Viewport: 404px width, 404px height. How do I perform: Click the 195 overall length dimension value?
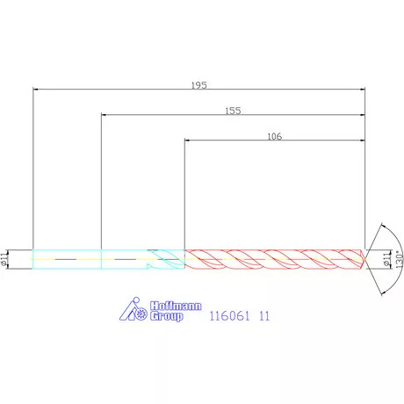(x=199, y=85)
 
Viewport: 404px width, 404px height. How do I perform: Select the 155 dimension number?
(x=233, y=111)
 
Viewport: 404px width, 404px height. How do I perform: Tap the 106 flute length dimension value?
(x=275, y=136)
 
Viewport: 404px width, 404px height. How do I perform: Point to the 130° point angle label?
(x=399, y=259)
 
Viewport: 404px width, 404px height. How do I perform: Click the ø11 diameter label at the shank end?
(x=4, y=259)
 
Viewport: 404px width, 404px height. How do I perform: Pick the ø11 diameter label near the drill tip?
(x=387, y=259)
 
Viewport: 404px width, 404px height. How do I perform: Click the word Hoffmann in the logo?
(x=176, y=306)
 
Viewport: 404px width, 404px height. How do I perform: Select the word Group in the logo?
(x=167, y=316)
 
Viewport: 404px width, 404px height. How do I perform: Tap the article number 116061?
(x=230, y=316)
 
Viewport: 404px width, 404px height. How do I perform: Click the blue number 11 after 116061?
(x=264, y=316)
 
